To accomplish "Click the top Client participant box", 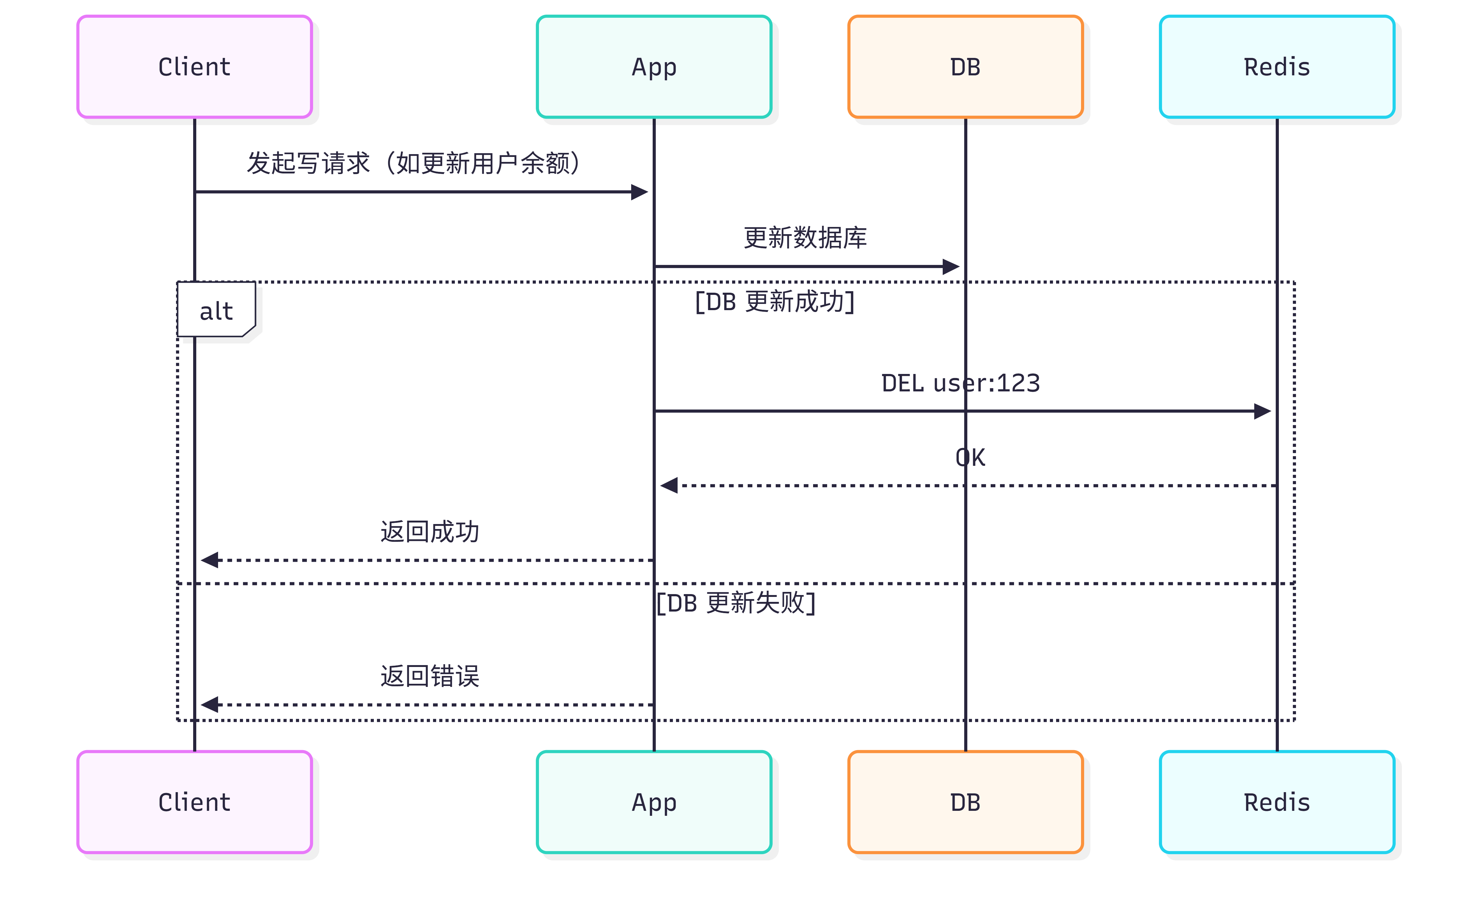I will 194,67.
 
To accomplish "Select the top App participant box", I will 654,67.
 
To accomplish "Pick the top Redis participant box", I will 1277,67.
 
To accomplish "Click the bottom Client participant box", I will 194,802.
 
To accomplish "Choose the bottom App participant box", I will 654,802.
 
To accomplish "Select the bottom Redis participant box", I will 1277,802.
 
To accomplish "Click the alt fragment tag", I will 216,310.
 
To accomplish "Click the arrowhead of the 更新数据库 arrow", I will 951,266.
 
